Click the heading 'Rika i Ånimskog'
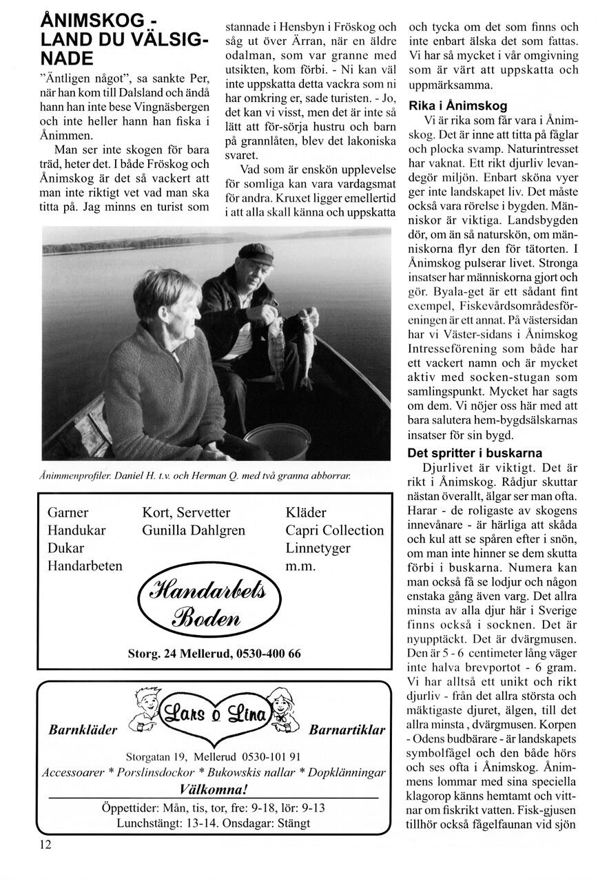[457, 106]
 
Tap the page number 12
[45, 844]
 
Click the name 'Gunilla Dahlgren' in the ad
[184, 530]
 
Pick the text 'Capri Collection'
[335, 530]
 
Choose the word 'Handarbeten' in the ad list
[85, 566]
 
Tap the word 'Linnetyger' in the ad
[318, 548]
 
